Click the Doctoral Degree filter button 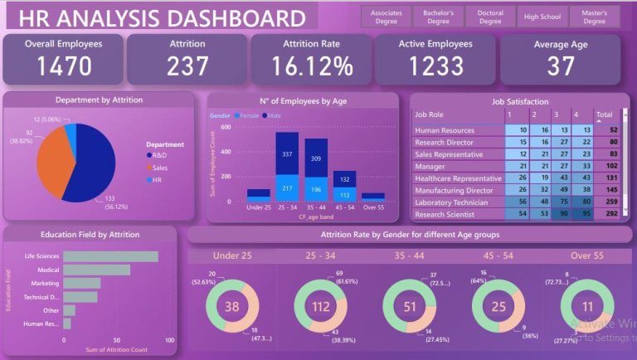490,17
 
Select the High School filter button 542,17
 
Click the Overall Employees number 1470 63,66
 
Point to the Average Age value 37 561,66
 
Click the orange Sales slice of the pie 50,158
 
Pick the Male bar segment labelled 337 288,154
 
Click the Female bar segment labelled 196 317,190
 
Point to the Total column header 605,115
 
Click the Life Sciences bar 110,256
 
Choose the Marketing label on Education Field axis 46,283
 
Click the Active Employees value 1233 435,66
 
